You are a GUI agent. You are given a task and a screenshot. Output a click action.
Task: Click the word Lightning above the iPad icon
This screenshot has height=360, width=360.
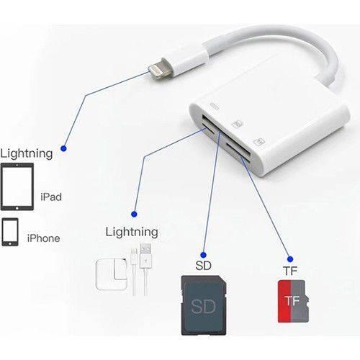coord(27,153)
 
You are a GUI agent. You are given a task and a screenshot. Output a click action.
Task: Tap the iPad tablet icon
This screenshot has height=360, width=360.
coord(17,186)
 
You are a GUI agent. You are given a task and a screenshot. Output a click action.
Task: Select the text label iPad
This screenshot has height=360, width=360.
coord(51,197)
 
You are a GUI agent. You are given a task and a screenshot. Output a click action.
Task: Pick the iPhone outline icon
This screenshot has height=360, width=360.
coord(10,232)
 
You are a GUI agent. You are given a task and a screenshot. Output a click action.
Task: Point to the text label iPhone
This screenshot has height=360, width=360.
coord(43,238)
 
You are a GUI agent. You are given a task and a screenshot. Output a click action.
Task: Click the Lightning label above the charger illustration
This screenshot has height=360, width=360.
coord(132,232)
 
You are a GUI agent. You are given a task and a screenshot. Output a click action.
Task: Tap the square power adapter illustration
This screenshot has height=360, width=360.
coord(112,275)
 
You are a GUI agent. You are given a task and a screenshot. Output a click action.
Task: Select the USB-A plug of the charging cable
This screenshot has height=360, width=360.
coord(145,256)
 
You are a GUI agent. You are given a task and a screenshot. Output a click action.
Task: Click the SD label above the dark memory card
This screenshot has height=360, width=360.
coord(203,266)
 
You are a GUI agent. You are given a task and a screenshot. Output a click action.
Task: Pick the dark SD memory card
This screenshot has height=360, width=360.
coord(204,305)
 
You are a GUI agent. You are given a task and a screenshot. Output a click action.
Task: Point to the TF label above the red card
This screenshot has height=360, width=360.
coord(290,271)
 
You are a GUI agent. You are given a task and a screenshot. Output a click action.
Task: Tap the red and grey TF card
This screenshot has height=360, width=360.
coord(293,302)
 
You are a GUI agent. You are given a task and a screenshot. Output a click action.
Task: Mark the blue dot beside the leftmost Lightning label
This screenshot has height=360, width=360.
coord(63,148)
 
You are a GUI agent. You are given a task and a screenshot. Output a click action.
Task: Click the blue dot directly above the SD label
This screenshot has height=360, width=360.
coord(204,255)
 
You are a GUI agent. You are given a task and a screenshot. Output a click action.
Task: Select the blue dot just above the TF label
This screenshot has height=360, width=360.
coord(290,259)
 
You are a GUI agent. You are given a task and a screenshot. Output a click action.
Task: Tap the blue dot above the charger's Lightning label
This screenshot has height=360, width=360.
coord(134,214)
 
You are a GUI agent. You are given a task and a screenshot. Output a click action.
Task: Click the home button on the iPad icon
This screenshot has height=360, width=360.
coord(17,208)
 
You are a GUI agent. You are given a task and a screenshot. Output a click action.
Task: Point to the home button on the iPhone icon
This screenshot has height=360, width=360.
coord(10,243)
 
